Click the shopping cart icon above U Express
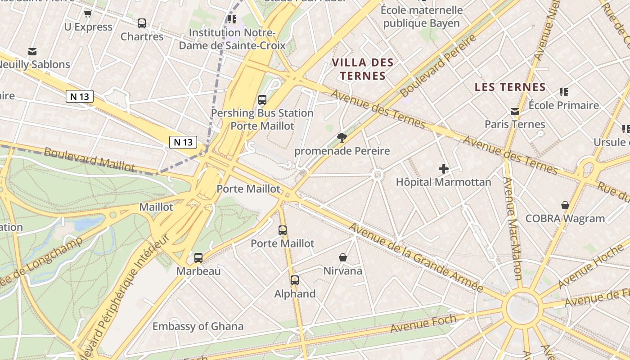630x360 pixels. point(88,14)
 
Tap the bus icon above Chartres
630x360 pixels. point(142,23)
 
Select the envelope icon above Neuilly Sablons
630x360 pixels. point(32,52)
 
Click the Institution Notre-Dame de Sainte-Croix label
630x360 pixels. point(232,39)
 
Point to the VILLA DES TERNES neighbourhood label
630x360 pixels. point(363,69)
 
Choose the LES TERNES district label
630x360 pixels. point(510,87)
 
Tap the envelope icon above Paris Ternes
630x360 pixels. point(515,112)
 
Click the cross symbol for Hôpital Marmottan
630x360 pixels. point(444,169)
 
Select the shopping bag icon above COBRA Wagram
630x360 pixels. point(565,206)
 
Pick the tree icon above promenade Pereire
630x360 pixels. point(342,138)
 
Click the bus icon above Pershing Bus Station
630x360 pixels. point(262,100)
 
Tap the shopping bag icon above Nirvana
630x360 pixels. point(343,257)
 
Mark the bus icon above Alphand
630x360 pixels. point(295,280)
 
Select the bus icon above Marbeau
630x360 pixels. point(198,258)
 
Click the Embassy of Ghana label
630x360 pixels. point(198,326)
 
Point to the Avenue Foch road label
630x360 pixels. point(423,324)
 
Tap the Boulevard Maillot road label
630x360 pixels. point(89,159)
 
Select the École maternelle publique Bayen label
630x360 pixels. point(422,17)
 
